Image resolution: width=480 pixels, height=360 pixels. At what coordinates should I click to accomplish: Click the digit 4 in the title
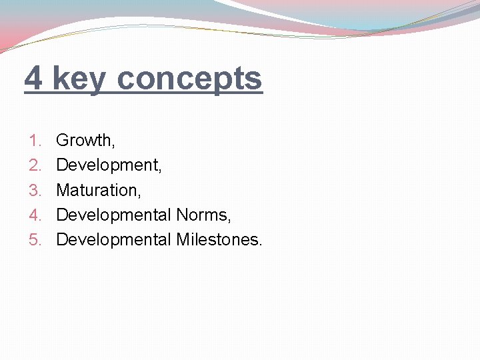(34, 79)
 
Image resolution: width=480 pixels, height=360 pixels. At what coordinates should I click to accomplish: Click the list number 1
(35, 141)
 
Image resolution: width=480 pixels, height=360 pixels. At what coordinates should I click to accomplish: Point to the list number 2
(35, 165)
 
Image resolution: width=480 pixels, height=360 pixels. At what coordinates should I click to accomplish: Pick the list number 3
(35, 190)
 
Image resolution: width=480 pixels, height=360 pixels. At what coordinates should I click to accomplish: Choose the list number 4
(35, 215)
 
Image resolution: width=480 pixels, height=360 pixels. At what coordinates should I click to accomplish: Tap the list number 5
(35, 239)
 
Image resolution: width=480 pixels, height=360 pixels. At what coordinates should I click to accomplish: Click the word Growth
(84, 141)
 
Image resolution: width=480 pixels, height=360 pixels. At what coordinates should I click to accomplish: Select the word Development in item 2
(107, 165)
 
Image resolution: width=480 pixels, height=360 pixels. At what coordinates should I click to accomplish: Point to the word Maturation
(97, 190)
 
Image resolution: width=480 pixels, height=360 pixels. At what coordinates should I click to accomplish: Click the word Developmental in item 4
(113, 215)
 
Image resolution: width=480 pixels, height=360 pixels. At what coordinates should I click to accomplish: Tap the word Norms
(202, 215)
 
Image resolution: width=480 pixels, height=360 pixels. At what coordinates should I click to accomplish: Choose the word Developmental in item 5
(113, 239)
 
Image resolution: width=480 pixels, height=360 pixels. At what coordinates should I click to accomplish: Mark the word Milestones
(217, 239)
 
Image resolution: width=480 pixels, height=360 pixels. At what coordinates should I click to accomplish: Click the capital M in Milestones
(183, 239)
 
